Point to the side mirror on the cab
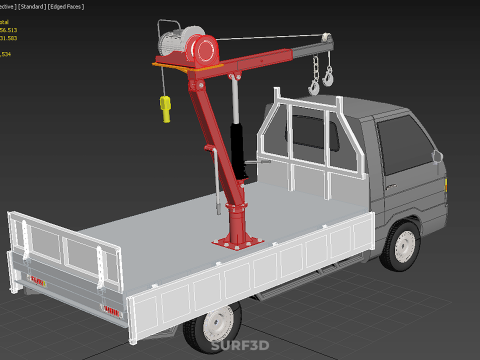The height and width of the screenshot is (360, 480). [436, 155]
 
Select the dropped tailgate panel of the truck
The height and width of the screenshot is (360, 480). [55, 246]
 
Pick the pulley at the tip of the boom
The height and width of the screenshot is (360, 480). [326, 39]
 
